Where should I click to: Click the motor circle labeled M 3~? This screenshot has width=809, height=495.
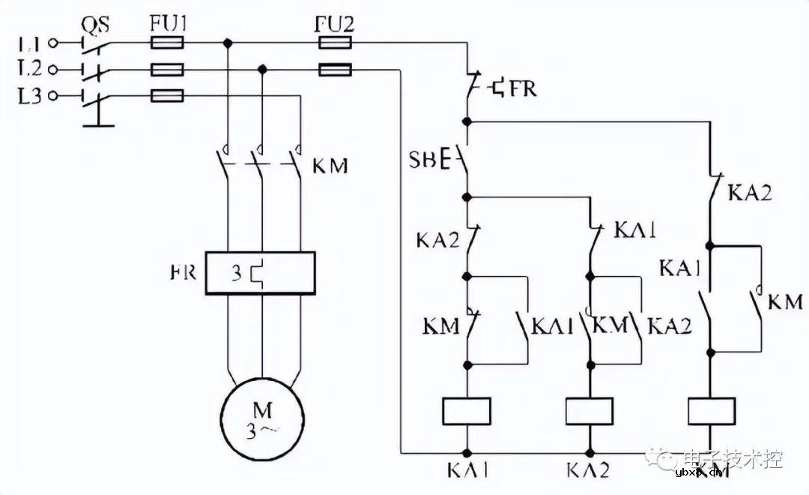click(x=262, y=419)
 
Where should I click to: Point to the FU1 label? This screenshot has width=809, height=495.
click(x=167, y=24)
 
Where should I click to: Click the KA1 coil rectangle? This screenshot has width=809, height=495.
click(x=467, y=411)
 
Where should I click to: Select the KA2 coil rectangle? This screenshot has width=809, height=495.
click(x=589, y=411)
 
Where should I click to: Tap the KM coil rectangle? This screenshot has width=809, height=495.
click(x=711, y=411)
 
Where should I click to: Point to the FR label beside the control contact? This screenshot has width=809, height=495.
click(x=522, y=89)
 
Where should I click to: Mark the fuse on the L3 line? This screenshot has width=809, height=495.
click(x=168, y=96)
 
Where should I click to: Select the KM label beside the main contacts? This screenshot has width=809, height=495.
click(x=330, y=165)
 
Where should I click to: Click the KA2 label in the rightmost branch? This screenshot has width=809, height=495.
click(x=750, y=193)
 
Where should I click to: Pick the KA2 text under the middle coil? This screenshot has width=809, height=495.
click(x=589, y=471)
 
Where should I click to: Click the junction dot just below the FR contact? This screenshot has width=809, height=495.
click(x=467, y=120)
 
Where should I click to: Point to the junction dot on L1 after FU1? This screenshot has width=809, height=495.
click(x=227, y=43)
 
